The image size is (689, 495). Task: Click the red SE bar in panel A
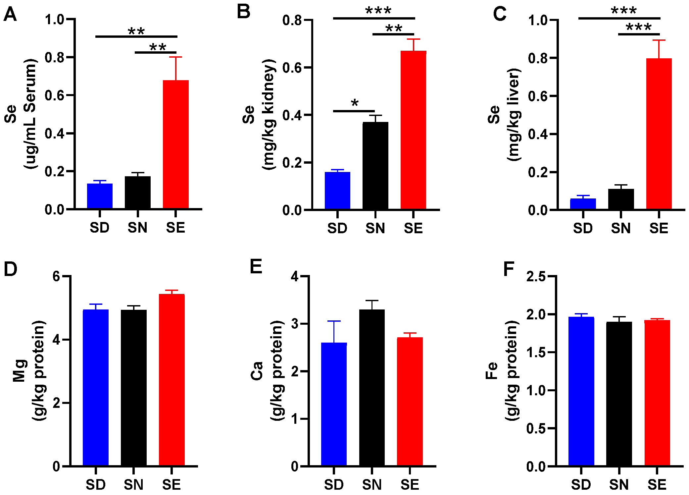175,144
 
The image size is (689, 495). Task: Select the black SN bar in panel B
375,166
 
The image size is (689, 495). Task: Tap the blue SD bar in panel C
583,204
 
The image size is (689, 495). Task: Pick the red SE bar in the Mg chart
172,379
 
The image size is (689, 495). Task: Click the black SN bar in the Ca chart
372,388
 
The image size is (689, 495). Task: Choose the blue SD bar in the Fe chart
581,391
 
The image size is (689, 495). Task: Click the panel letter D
10,269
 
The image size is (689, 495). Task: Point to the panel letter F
509,269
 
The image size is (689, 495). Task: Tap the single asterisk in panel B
355,103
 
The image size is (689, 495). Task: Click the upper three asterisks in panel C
623,11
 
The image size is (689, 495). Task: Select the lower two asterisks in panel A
158,47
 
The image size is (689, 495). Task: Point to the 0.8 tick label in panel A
54,58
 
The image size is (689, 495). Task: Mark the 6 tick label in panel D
56,276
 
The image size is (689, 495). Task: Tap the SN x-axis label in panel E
372,485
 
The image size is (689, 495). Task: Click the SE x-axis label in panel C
659,228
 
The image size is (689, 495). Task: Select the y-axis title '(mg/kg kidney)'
269,114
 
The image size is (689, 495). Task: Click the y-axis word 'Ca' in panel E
257,370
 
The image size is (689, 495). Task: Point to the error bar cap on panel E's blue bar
334,321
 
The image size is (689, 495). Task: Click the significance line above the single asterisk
354,111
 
